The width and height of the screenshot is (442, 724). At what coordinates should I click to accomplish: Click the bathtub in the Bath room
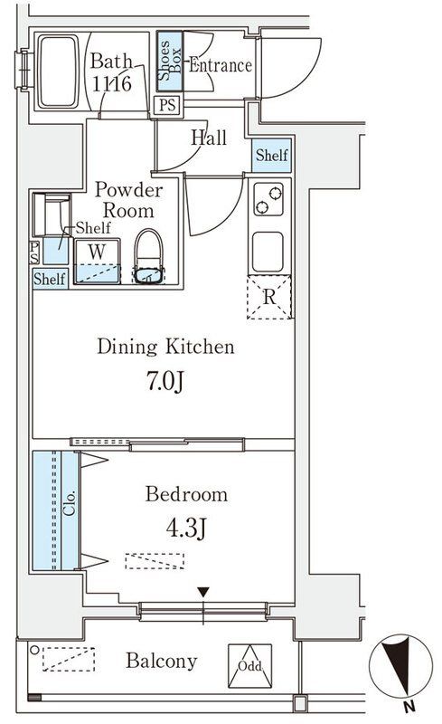coord(58,71)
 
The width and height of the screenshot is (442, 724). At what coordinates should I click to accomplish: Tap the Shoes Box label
coord(170,61)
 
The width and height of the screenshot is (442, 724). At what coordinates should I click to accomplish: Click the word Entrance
coord(220,65)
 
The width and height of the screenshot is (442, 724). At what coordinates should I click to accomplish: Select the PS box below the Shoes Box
coord(167,105)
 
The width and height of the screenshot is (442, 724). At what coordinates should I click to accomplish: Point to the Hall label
coord(209,138)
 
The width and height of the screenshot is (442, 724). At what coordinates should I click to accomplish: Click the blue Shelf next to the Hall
coord(272,155)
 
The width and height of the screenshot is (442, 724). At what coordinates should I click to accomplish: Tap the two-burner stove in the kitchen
coord(268,199)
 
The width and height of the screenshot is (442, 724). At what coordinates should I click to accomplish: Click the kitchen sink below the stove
coord(268,252)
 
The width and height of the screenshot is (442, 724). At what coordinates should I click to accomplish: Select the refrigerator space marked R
coord(269,297)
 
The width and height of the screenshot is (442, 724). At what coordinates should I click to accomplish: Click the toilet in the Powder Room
coord(148,256)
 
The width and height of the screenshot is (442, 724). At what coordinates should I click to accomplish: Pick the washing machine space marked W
coord(98,261)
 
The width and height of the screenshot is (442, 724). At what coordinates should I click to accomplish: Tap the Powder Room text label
coord(128,200)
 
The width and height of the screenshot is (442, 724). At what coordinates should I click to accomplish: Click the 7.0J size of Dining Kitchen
coord(165,381)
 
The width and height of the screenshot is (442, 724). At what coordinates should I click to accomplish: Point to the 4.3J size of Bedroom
coord(186,528)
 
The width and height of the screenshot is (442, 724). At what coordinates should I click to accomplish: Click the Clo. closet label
coord(70,502)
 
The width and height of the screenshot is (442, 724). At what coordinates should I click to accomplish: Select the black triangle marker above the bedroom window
coord(203,592)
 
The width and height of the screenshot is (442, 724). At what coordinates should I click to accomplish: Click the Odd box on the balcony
coord(250,666)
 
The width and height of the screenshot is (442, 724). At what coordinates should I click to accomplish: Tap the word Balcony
coord(162,662)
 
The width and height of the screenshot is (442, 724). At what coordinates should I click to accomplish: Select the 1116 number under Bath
coord(112,83)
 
